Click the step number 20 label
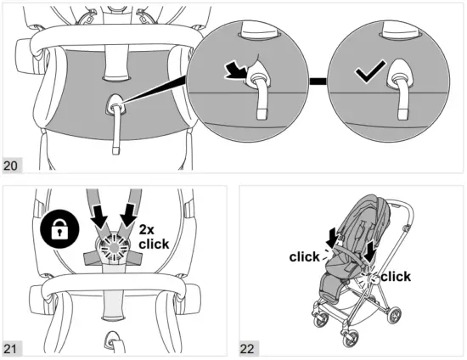coord(12,164)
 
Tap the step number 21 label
coord(12,349)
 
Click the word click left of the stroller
coord(305,256)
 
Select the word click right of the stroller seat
coord(396,277)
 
